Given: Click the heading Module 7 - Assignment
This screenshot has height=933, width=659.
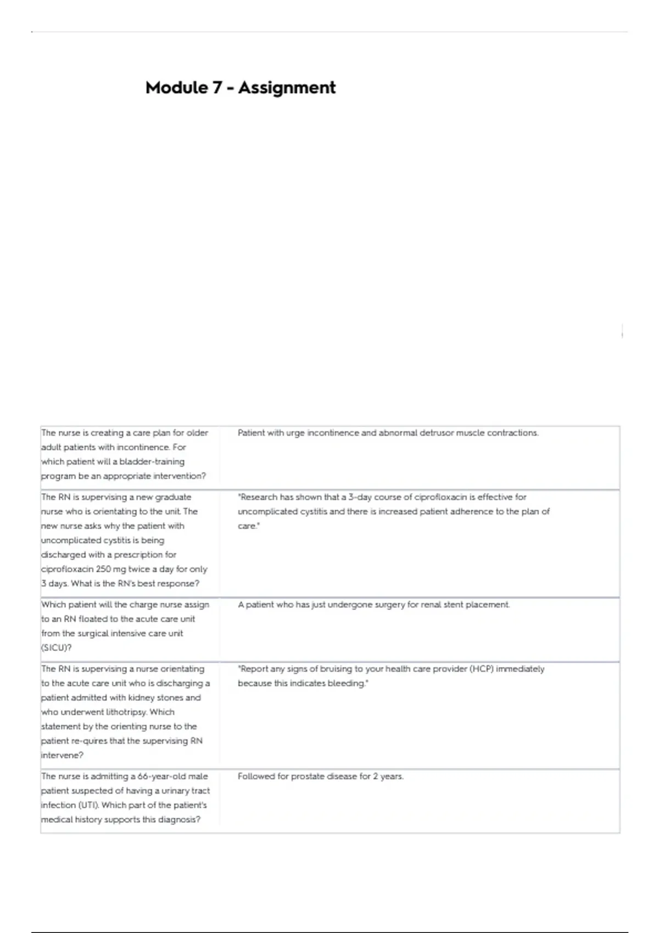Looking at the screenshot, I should [240, 88].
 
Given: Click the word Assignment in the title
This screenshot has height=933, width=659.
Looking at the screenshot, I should [287, 88].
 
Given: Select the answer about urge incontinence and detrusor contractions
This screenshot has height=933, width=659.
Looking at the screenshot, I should [388, 433].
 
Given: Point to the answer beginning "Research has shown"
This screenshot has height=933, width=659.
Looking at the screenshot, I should [393, 511].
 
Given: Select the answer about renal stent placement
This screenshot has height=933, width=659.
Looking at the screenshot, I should [373, 605].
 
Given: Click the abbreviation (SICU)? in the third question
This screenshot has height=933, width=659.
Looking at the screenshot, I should [57, 648].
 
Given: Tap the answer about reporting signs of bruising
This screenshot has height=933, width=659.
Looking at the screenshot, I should [390, 676].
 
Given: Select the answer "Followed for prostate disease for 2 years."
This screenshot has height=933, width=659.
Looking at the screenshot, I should [320, 777].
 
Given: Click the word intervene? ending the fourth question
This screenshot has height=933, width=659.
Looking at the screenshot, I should [62, 755].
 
